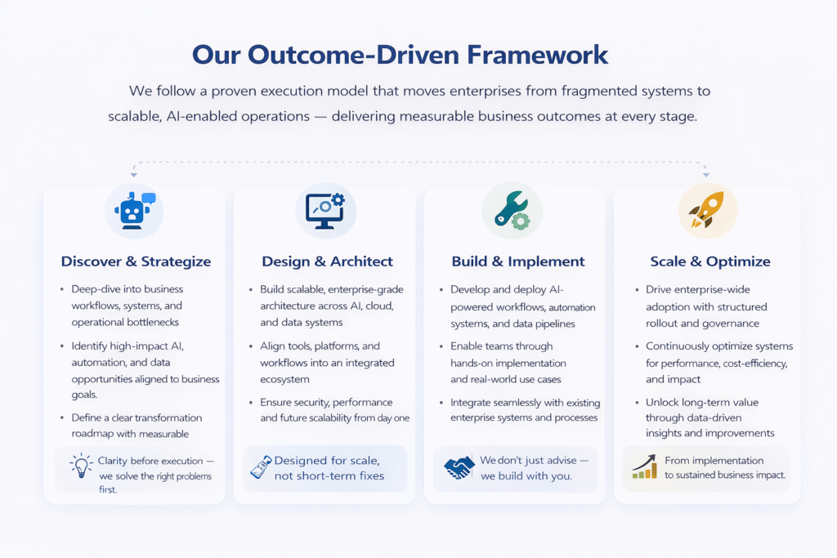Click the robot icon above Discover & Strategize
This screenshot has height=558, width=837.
click(x=134, y=210)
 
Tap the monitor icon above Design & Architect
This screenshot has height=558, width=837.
click(x=324, y=210)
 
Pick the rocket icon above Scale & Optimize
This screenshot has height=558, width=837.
click(x=707, y=210)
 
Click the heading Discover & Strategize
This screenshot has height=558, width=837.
click(x=136, y=261)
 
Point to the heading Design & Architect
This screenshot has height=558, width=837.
click(x=327, y=261)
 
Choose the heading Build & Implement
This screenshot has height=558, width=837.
click(x=518, y=261)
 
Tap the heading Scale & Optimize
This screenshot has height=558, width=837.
click(x=710, y=261)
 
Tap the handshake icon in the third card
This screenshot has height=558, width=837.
click(x=459, y=468)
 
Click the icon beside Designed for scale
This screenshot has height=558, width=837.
click(x=260, y=468)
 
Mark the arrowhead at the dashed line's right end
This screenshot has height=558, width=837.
click(x=707, y=173)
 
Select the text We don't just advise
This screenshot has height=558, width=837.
click(x=528, y=461)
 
